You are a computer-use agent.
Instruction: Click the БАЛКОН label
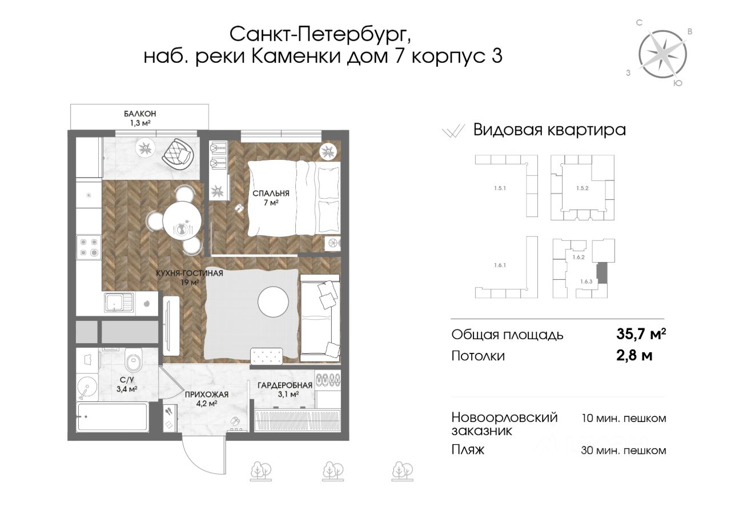(x=140, y=114)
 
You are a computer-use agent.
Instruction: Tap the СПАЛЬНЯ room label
(x=271, y=193)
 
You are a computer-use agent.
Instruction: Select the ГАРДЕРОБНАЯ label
(x=285, y=385)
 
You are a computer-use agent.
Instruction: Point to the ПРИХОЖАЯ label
(x=207, y=395)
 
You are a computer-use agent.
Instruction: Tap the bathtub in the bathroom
(x=113, y=416)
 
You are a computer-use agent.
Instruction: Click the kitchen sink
(x=118, y=303)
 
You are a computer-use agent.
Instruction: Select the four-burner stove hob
(x=89, y=247)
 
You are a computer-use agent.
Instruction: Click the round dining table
(x=182, y=221)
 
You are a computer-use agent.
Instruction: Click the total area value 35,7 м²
(x=641, y=334)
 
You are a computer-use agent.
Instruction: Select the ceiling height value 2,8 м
(x=634, y=355)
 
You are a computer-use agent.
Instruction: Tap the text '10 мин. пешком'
(x=624, y=418)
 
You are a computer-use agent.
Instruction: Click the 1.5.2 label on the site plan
(x=582, y=188)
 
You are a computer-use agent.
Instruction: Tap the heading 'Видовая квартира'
(x=549, y=130)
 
